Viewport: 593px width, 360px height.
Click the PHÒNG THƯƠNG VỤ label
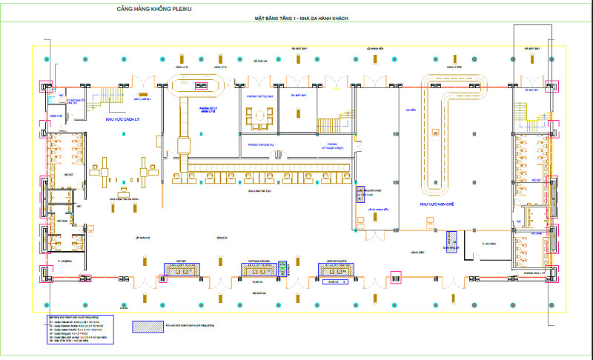tap(261, 145)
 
